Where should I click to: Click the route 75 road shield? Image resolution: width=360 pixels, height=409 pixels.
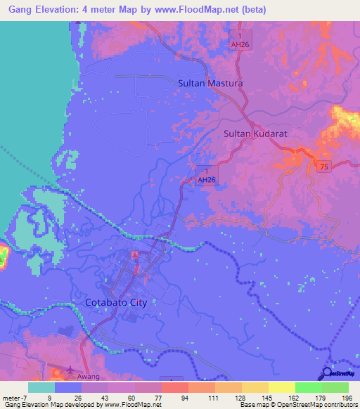point(323,166)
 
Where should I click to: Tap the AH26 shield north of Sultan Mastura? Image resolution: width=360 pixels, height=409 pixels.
point(240,40)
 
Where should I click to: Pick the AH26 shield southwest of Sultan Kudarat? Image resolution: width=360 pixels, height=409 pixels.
point(206,175)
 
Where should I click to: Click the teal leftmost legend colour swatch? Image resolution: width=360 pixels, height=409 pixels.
point(41,387)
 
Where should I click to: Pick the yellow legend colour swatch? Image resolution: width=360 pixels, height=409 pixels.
point(281,387)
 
